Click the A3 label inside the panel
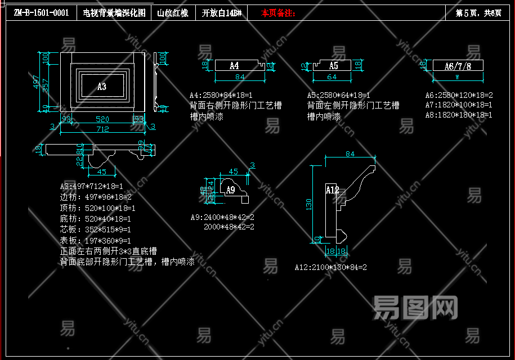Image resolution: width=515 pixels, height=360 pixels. [102, 87]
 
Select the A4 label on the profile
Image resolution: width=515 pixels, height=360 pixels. [234, 66]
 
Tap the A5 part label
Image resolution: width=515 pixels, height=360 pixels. [333, 66]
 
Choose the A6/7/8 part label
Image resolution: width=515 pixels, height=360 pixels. [458, 66]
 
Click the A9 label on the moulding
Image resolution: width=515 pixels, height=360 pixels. [230, 190]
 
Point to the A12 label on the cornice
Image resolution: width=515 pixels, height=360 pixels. [333, 190]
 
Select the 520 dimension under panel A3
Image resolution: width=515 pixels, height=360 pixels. [102, 119]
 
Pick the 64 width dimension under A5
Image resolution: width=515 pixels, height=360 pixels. [332, 77]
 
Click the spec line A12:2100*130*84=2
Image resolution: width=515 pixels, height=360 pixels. [331, 267]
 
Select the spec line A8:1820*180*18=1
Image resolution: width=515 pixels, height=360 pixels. [459, 115]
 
